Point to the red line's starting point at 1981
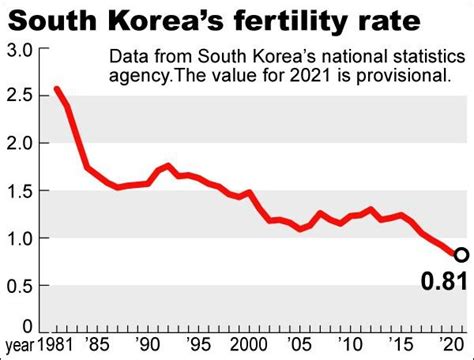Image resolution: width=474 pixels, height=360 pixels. [x=56, y=90]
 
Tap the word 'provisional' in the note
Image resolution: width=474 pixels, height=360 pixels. [x=412, y=76]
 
